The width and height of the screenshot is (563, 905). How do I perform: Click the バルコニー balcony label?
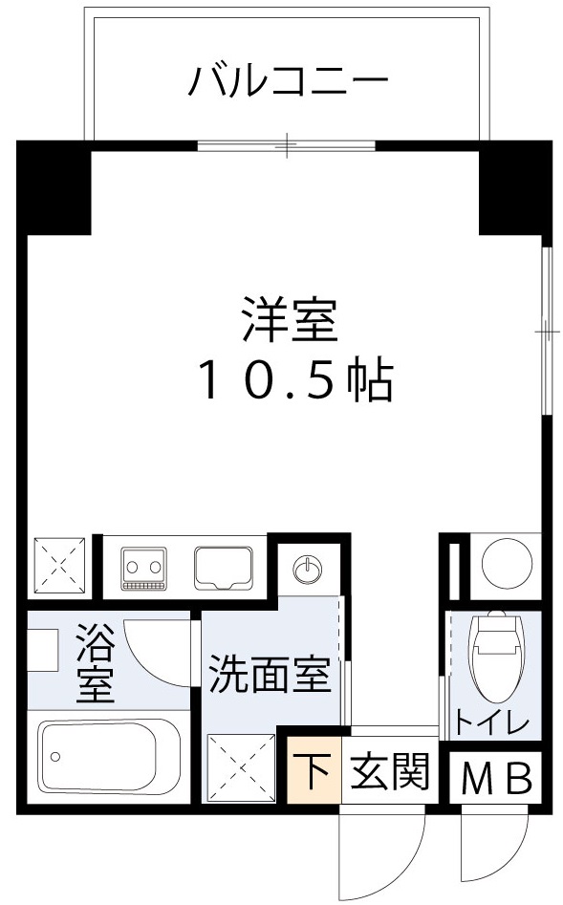[287, 80]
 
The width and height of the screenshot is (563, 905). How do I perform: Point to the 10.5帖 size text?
[294, 380]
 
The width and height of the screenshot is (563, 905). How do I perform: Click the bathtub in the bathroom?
[97, 758]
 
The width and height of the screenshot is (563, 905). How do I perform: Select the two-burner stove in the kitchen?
[144, 568]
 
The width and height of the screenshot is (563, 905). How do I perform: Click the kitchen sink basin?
[224, 567]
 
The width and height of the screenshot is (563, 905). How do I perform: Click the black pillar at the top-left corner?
[55, 187]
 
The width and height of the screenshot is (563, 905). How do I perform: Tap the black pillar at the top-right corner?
[514, 187]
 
